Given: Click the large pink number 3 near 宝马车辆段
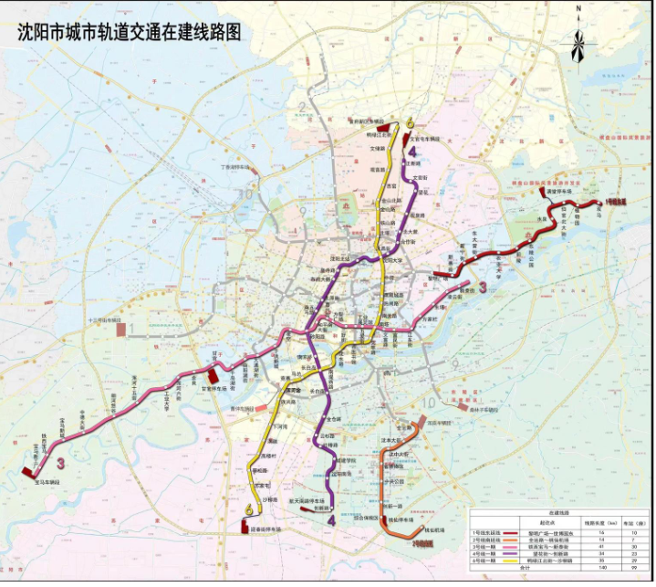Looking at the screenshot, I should (60, 464).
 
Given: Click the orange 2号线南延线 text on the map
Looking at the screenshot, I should (423, 544).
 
